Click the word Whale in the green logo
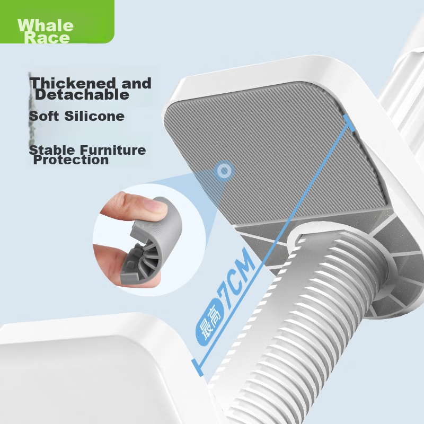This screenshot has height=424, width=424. (45, 25)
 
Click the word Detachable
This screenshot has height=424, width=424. (82, 95)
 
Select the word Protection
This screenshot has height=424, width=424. (71, 160)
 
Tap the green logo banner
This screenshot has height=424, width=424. (57, 21)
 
